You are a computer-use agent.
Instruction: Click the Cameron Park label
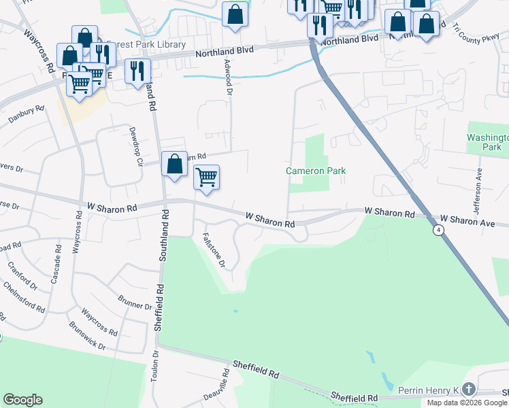(316, 171)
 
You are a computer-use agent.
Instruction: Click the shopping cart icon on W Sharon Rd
(206, 177)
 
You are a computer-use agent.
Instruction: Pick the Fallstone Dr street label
(214, 251)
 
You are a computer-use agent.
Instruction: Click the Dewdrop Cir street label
(134, 143)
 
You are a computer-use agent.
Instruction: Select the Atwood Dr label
(229, 75)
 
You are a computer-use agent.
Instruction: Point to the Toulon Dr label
(154, 367)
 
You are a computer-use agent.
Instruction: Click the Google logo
(22, 400)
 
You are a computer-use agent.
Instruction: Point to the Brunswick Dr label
(87, 335)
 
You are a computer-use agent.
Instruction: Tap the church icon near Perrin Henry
(467, 389)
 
